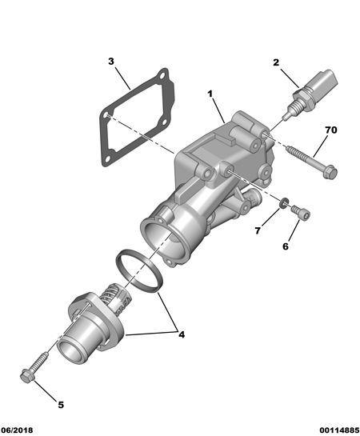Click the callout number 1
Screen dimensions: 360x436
(x=210, y=94)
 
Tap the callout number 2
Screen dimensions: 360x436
(x=275, y=62)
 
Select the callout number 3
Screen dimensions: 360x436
(x=111, y=61)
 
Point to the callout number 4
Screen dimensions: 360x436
(x=182, y=334)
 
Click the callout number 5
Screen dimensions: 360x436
(x=61, y=405)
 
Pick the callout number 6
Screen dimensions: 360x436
(x=286, y=246)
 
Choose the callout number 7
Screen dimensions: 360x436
(x=258, y=230)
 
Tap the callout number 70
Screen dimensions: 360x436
(x=331, y=130)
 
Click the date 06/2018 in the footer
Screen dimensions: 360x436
(x=17, y=430)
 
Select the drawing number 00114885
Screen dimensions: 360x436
(x=339, y=430)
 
